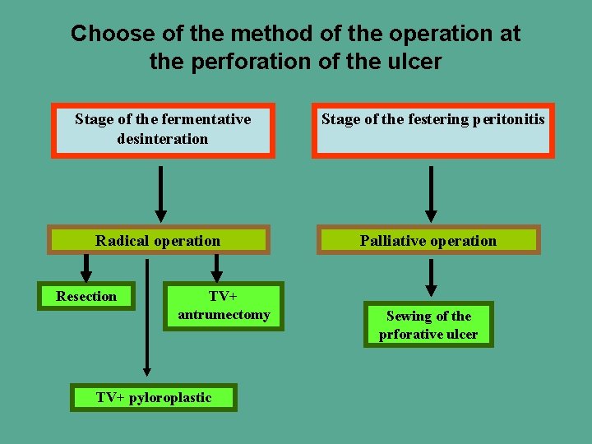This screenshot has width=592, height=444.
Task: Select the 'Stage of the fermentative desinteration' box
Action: pos(163,130)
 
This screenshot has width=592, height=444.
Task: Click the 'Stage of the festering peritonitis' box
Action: pos(432,130)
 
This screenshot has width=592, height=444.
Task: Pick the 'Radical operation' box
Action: pos(158,240)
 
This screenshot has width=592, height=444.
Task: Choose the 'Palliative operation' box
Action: pos(428,240)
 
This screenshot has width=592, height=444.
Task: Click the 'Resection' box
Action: pos(86,296)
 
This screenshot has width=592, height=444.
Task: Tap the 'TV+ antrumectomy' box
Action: pos(224,306)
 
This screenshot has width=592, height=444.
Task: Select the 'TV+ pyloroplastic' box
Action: pos(154,398)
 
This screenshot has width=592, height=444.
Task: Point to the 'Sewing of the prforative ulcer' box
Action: pos(428,325)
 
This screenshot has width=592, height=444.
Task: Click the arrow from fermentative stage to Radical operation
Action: pos(161,193)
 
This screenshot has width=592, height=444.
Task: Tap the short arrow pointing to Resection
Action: pos(86,268)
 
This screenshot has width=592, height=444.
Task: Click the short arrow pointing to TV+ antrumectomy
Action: pos(217,268)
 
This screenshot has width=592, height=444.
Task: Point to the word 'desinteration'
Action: pos(163,139)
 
